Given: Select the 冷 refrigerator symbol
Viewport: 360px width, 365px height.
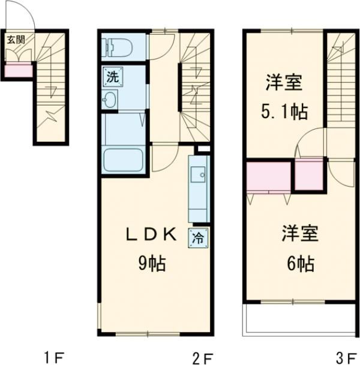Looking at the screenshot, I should point(197,237).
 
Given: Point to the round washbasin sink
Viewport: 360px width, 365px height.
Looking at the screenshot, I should point(110,100).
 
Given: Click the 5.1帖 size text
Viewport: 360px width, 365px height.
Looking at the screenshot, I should point(284,113).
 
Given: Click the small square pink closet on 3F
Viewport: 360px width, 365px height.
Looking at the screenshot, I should point(309,172).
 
